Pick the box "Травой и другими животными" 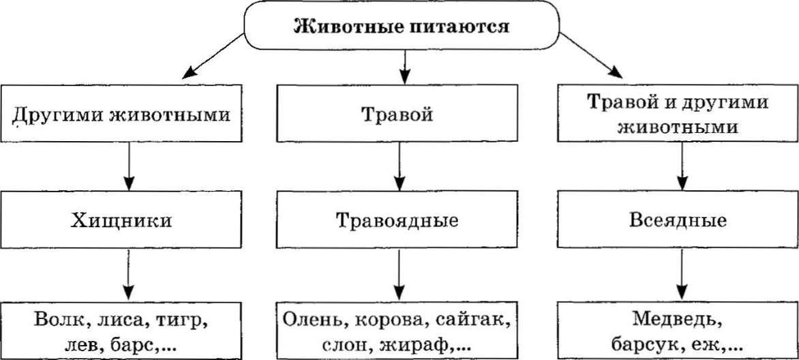[x=678, y=114]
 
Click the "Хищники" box [x=126, y=221]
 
